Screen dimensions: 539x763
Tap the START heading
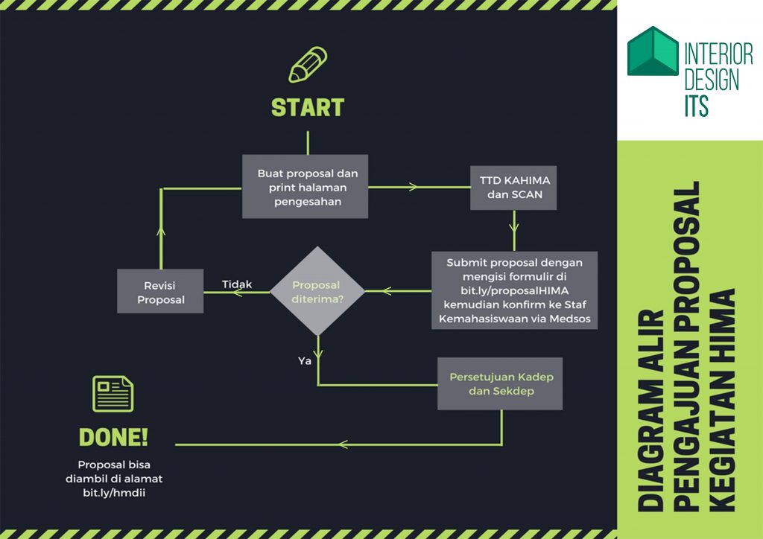point(308,108)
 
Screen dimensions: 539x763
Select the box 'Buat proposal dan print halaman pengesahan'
point(305,186)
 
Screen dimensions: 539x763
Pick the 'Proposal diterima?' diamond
point(316,291)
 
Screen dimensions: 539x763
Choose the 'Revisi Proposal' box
point(160,291)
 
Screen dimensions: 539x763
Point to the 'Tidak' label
point(237,284)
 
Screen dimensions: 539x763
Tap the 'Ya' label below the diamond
point(304,360)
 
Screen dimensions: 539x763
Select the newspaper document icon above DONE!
point(113,394)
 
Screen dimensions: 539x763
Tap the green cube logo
point(652,51)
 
